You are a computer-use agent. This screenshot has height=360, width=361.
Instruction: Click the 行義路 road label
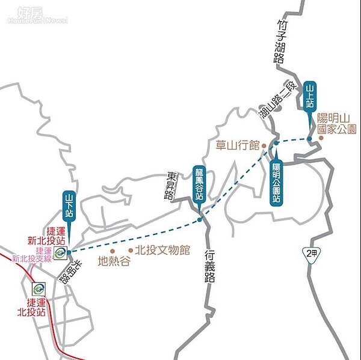click(x=209, y=266)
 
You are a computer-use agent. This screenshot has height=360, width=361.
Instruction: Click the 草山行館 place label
click(x=238, y=145)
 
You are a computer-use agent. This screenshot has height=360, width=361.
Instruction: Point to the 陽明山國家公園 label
click(x=337, y=123)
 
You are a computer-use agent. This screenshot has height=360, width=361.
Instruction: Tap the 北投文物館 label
click(x=162, y=250)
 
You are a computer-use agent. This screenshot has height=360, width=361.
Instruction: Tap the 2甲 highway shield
click(x=310, y=254)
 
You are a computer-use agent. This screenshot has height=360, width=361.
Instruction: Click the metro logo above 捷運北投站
click(x=39, y=290)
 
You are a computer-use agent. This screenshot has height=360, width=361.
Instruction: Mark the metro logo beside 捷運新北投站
click(x=60, y=253)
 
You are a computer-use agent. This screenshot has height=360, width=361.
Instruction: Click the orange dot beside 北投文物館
click(x=131, y=250)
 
